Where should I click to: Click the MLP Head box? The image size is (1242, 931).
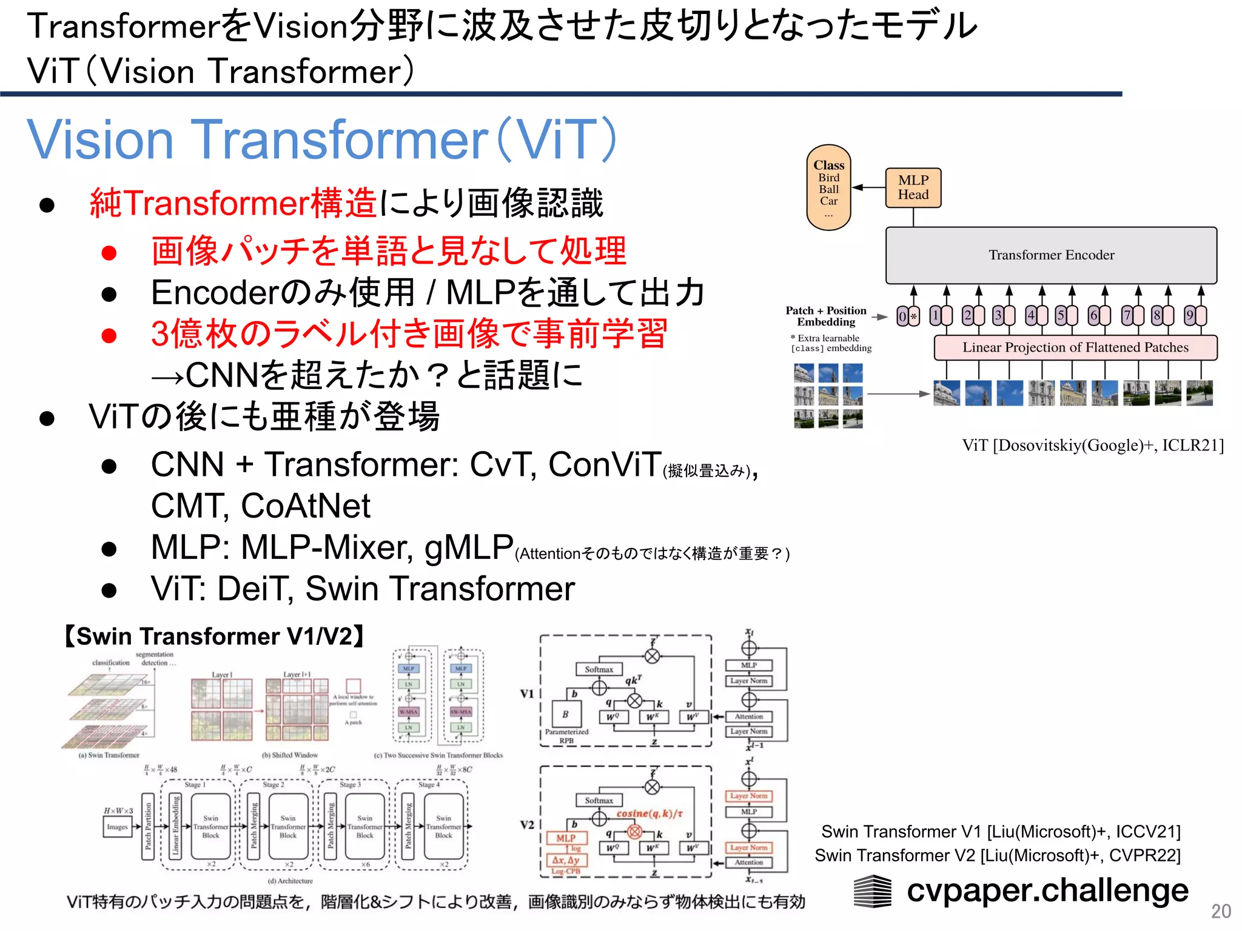[913, 188]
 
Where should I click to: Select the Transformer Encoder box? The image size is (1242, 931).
[1051, 255]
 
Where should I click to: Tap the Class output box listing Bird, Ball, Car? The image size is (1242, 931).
[828, 187]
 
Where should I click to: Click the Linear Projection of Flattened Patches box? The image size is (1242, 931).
[1075, 347]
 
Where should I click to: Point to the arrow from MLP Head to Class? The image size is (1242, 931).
[868, 187]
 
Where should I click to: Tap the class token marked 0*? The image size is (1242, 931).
[907, 316]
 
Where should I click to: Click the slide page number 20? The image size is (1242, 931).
[1221, 911]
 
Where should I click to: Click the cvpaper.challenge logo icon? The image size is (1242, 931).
[873, 891]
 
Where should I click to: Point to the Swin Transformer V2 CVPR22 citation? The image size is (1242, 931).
[998, 855]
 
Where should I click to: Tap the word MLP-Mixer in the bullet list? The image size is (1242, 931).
[327, 547]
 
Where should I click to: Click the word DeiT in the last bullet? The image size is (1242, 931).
[255, 589]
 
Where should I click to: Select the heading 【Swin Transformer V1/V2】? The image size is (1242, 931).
[214, 636]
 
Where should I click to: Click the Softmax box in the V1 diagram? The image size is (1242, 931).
[599, 669]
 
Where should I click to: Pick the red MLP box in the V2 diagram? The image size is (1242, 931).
[566, 838]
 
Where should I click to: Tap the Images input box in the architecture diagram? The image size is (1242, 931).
[117, 827]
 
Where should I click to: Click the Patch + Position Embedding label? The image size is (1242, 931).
[826, 316]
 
